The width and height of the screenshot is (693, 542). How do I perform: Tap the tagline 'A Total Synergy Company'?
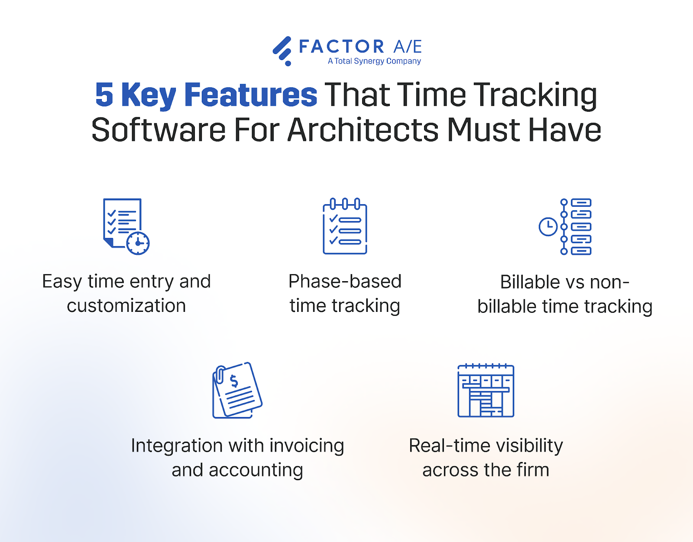coord(374,61)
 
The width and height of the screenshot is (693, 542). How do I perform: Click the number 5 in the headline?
coord(104,95)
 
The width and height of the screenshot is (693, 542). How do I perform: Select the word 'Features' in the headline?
coord(251,95)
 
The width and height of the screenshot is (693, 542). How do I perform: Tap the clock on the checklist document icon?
coord(138,243)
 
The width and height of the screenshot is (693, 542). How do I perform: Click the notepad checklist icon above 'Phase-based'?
coord(345,226)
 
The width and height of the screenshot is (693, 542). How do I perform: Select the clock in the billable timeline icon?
coord(548,227)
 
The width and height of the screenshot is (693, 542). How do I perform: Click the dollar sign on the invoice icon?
coord(234,381)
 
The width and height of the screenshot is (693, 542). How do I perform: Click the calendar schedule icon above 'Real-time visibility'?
coord(486,391)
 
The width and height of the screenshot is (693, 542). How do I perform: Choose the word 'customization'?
coord(126,306)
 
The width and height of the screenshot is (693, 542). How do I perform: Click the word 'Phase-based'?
coord(345,282)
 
